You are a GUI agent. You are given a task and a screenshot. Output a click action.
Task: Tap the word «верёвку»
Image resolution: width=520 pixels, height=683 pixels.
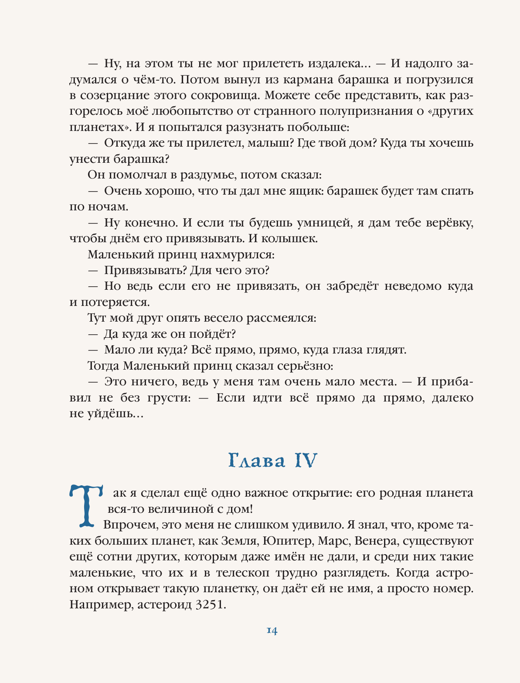coord(447,223)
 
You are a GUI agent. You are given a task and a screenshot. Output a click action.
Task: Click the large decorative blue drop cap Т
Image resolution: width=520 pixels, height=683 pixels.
coord(86,504)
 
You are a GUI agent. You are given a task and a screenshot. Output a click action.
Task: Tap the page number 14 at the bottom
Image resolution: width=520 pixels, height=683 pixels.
coord(272,631)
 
